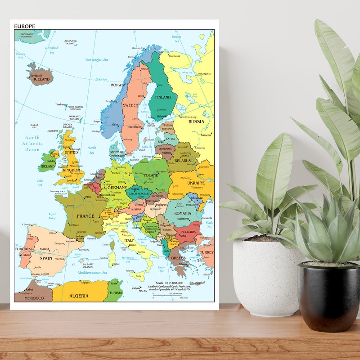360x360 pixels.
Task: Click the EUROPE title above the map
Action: click(x=24, y=26)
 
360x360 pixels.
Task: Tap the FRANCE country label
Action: click(x=85, y=216)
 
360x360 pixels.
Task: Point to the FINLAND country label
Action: click(x=163, y=97)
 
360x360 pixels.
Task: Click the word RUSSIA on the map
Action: click(x=196, y=121)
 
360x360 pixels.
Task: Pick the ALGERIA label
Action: click(x=79, y=296)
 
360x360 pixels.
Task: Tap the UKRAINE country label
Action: click(x=196, y=183)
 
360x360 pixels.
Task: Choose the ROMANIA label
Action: click(x=183, y=213)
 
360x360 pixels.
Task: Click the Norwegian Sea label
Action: click(x=97, y=59)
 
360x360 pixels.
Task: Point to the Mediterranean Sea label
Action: click(x=92, y=273)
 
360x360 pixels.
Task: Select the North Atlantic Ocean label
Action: click(x=32, y=144)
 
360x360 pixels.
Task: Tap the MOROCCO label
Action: click(x=34, y=298)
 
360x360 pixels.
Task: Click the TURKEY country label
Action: click(x=207, y=252)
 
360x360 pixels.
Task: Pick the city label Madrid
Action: click(x=44, y=249)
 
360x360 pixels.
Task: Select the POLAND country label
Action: click(x=151, y=175)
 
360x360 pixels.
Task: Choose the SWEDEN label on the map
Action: click(x=131, y=105)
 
